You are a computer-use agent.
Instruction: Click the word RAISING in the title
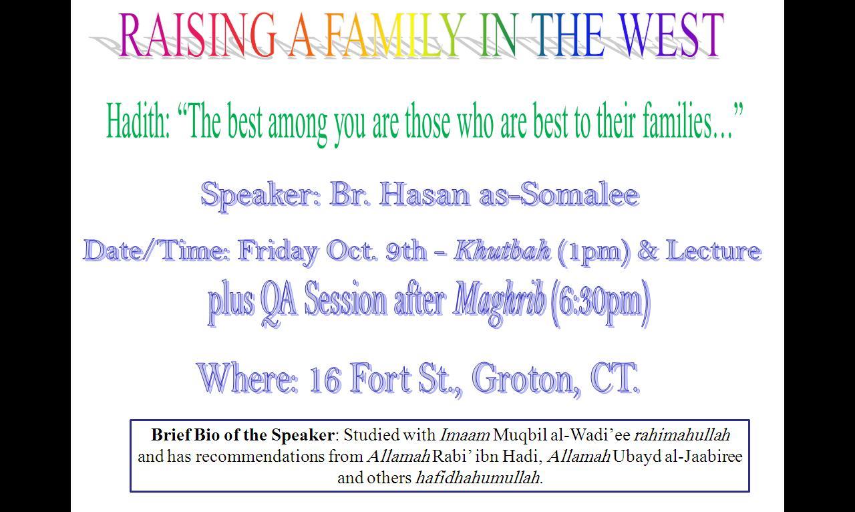pos(197,35)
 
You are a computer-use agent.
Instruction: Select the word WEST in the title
pos(671,35)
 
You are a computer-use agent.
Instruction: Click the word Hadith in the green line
pos(138,121)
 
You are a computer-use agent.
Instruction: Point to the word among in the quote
pos(298,124)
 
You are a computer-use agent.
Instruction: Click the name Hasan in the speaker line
pos(424,195)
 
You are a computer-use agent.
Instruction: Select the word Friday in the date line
pos(277,252)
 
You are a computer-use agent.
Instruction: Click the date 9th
pos(405,251)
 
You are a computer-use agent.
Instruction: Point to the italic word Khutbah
pos(502,251)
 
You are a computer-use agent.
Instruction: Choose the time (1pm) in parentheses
pos(594,253)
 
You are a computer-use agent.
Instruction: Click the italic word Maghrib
pos(499,302)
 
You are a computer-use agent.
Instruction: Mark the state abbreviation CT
pos(615,378)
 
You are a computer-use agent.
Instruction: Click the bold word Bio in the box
pos(206,435)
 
